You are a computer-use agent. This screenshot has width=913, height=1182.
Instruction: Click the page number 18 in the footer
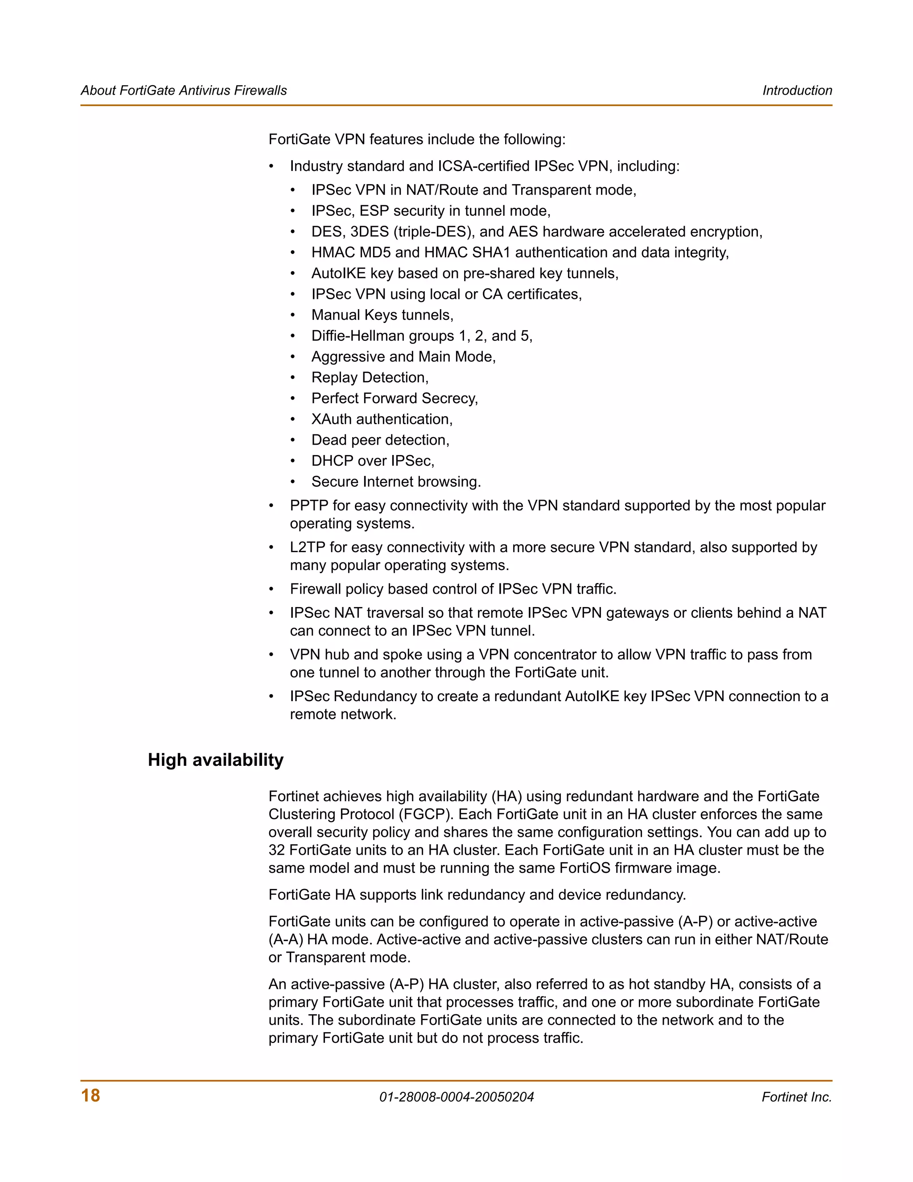click(90, 1095)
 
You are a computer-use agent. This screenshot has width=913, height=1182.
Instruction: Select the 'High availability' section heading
click(215, 760)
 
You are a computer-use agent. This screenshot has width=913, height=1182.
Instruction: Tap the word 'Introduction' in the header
click(797, 91)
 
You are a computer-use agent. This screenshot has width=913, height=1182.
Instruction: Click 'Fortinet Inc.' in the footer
click(796, 1097)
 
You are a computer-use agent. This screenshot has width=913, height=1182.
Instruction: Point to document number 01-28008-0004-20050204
click(456, 1097)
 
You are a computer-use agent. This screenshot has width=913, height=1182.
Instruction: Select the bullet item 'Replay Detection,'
click(370, 377)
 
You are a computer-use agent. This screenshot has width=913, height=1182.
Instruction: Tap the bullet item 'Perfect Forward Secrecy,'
click(394, 398)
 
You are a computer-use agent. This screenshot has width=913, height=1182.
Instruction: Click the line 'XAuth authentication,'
click(382, 419)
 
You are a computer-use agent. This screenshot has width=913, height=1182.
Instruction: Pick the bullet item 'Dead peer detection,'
click(380, 440)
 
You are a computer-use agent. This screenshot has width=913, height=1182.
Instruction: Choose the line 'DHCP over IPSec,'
click(373, 461)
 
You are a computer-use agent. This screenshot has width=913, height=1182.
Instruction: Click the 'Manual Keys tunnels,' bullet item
click(382, 315)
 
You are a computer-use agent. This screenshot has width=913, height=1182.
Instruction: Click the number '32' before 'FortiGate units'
click(277, 850)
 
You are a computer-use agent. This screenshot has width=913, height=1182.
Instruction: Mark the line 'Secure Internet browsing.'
click(396, 482)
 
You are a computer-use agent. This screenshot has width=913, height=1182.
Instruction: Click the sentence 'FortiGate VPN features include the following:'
click(416, 139)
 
